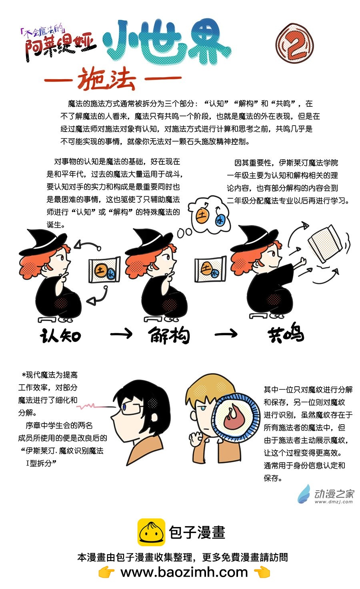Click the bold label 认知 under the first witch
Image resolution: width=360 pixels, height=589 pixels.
point(60,335)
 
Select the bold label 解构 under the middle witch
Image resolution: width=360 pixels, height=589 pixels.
point(169,335)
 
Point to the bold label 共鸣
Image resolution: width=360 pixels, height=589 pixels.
point(286,333)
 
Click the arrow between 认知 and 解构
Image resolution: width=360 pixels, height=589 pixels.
point(121,334)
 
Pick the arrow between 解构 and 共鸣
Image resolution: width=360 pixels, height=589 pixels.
point(226,334)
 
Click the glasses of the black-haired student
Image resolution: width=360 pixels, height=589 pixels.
point(132,408)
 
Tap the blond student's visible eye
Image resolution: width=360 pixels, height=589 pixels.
point(203,408)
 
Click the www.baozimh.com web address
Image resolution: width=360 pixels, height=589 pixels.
point(184,572)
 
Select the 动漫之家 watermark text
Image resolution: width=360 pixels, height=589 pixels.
point(334,494)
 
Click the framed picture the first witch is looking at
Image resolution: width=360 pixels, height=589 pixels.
point(104,270)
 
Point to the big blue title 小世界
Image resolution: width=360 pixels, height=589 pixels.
point(167,42)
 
